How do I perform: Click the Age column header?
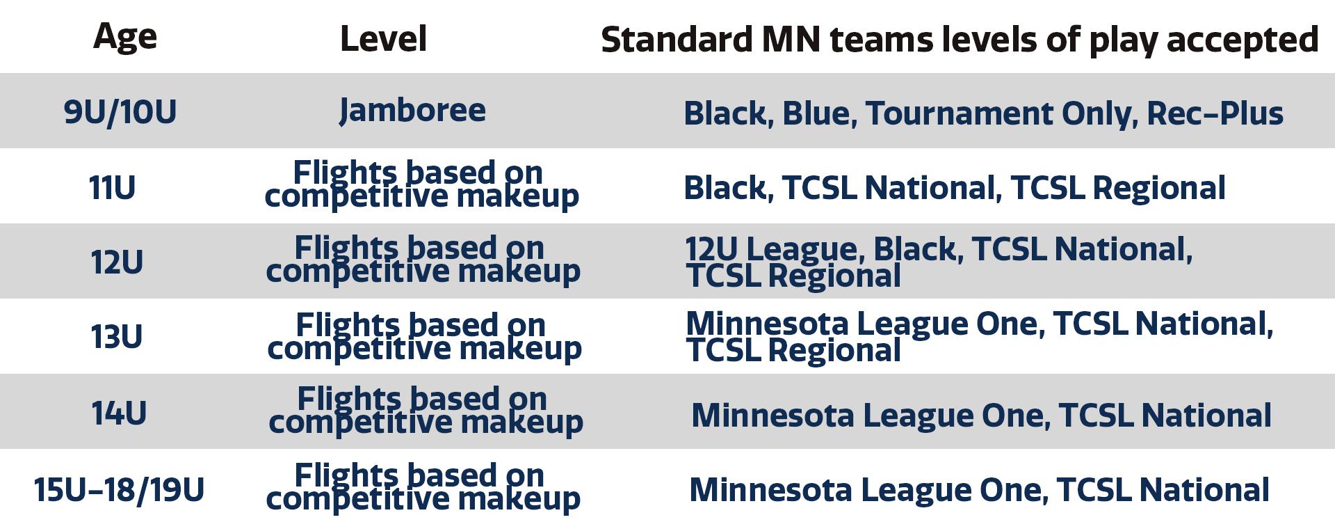(125, 38)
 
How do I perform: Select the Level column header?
(383, 39)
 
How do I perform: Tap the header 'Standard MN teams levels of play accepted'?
(960, 40)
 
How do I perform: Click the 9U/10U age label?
(120, 112)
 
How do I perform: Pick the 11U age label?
(112, 188)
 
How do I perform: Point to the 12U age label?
(117, 262)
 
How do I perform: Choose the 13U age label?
(117, 337)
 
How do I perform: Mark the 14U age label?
(119, 413)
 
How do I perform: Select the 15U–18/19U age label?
(119, 490)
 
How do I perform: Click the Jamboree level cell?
(413, 111)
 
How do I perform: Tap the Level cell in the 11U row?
(421, 184)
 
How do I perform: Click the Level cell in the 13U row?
(424, 337)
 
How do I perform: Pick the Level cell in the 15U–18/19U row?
(423, 487)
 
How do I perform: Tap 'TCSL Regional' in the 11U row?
(1118, 189)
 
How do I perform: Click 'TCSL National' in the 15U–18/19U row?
(1163, 490)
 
